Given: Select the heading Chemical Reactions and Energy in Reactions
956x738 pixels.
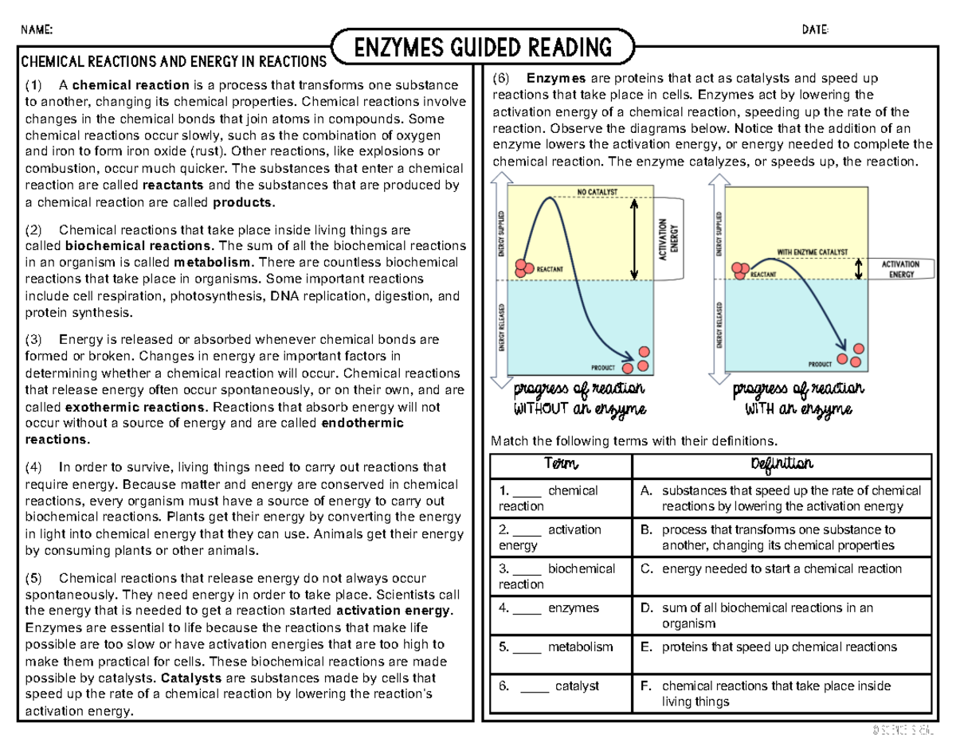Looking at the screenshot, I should click(x=173, y=61).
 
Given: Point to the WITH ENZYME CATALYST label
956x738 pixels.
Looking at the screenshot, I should click(x=813, y=251).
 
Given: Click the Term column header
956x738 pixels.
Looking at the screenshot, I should click(x=560, y=465).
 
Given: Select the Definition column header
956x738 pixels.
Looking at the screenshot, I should click(x=781, y=465).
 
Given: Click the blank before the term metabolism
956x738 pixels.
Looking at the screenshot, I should click(x=527, y=647).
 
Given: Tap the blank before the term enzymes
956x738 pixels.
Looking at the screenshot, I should click(x=527, y=608).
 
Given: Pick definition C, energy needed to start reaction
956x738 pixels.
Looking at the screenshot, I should click(x=781, y=569).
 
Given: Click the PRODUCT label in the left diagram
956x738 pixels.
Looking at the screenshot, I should click(x=602, y=368).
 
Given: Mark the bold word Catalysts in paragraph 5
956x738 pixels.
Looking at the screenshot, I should click(x=191, y=678).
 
